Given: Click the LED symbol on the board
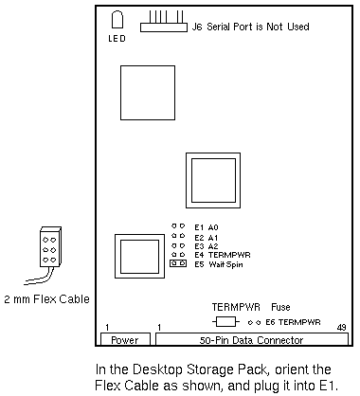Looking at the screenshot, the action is (117, 20).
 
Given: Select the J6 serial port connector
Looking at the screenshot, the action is (164, 22).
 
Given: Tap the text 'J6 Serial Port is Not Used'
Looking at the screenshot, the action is (250, 27).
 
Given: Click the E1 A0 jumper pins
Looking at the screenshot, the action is (178, 226).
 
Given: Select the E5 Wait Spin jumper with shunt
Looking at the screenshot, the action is (178, 263).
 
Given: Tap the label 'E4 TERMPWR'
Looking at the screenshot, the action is (223, 255).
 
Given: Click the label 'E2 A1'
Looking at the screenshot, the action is (207, 238).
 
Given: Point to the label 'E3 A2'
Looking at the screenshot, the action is (207, 246).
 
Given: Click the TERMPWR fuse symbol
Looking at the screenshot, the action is (225, 322).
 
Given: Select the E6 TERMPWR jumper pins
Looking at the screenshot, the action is (254, 323).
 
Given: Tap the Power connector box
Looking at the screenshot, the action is (125, 339).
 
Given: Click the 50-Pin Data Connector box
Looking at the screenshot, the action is (252, 339).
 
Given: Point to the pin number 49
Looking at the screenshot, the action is (342, 328).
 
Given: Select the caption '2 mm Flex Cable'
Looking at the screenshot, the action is (46, 299).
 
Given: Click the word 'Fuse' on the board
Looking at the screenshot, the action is (280, 307).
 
